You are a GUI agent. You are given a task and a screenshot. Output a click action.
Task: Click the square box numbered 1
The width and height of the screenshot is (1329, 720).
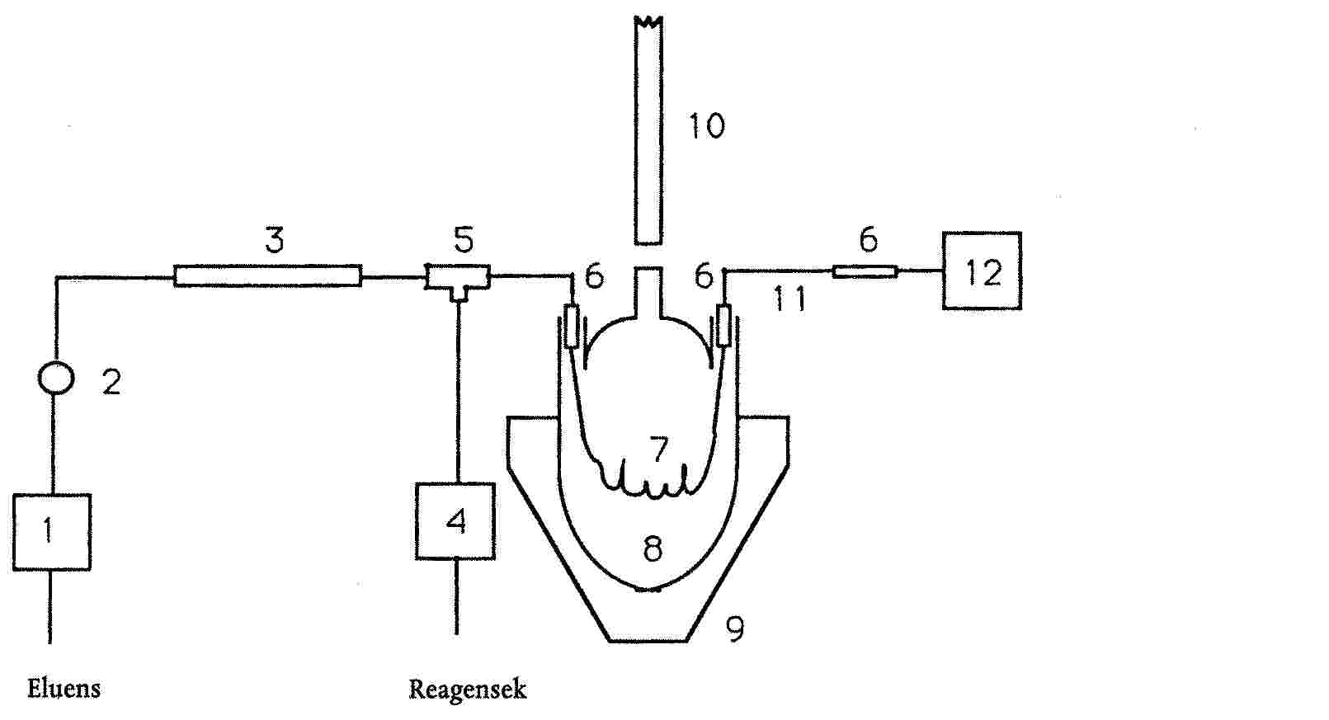pyautogui.click(x=51, y=532)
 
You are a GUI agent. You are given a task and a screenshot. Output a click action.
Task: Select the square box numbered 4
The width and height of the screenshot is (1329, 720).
pyautogui.click(x=455, y=521)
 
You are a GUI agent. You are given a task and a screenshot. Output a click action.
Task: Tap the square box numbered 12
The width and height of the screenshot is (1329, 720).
pyautogui.click(x=982, y=271)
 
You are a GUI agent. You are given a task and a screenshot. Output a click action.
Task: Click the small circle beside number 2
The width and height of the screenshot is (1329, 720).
pyautogui.click(x=56, y=379)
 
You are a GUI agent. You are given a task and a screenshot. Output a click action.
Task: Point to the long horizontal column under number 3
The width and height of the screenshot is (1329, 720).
pyautogui.click(x=267, y=275)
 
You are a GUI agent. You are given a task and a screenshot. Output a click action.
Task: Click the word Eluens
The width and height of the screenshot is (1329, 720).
pyautogui.click(x=64, y=689)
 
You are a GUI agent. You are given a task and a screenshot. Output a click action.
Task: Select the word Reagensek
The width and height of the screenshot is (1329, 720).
pyautogui.click(x=467, y=689)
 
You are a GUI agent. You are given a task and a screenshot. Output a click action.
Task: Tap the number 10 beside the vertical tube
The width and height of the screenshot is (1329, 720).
pyautogui.click(x=706, y=127)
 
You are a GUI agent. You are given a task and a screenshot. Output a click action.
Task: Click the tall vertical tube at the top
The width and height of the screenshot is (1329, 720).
pyautogui.click(x=648, y=132)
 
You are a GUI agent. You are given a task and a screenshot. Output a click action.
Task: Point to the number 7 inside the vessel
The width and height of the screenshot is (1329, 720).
pyautogui.click(x=658, y=450)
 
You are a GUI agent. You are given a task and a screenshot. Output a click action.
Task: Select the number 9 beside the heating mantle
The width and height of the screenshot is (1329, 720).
pyautogui.click(x=734, y=630)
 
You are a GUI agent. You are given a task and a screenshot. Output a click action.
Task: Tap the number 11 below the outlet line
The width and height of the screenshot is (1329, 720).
pyautogui.click(x=789, y=300)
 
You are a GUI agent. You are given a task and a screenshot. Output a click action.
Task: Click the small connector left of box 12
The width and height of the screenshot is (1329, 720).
pyautogui.click(x=865, y=271)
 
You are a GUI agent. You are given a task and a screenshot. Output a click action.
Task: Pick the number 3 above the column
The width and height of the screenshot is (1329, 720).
pyautogui.click(x=274, y=241)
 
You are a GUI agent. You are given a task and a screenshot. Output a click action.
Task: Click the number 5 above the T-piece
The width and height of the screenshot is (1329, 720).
pyautogui.click(x=464, y=240)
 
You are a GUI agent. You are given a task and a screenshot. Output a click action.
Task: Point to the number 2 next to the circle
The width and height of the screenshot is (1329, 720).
pyautogui.click(x=111, y=383)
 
